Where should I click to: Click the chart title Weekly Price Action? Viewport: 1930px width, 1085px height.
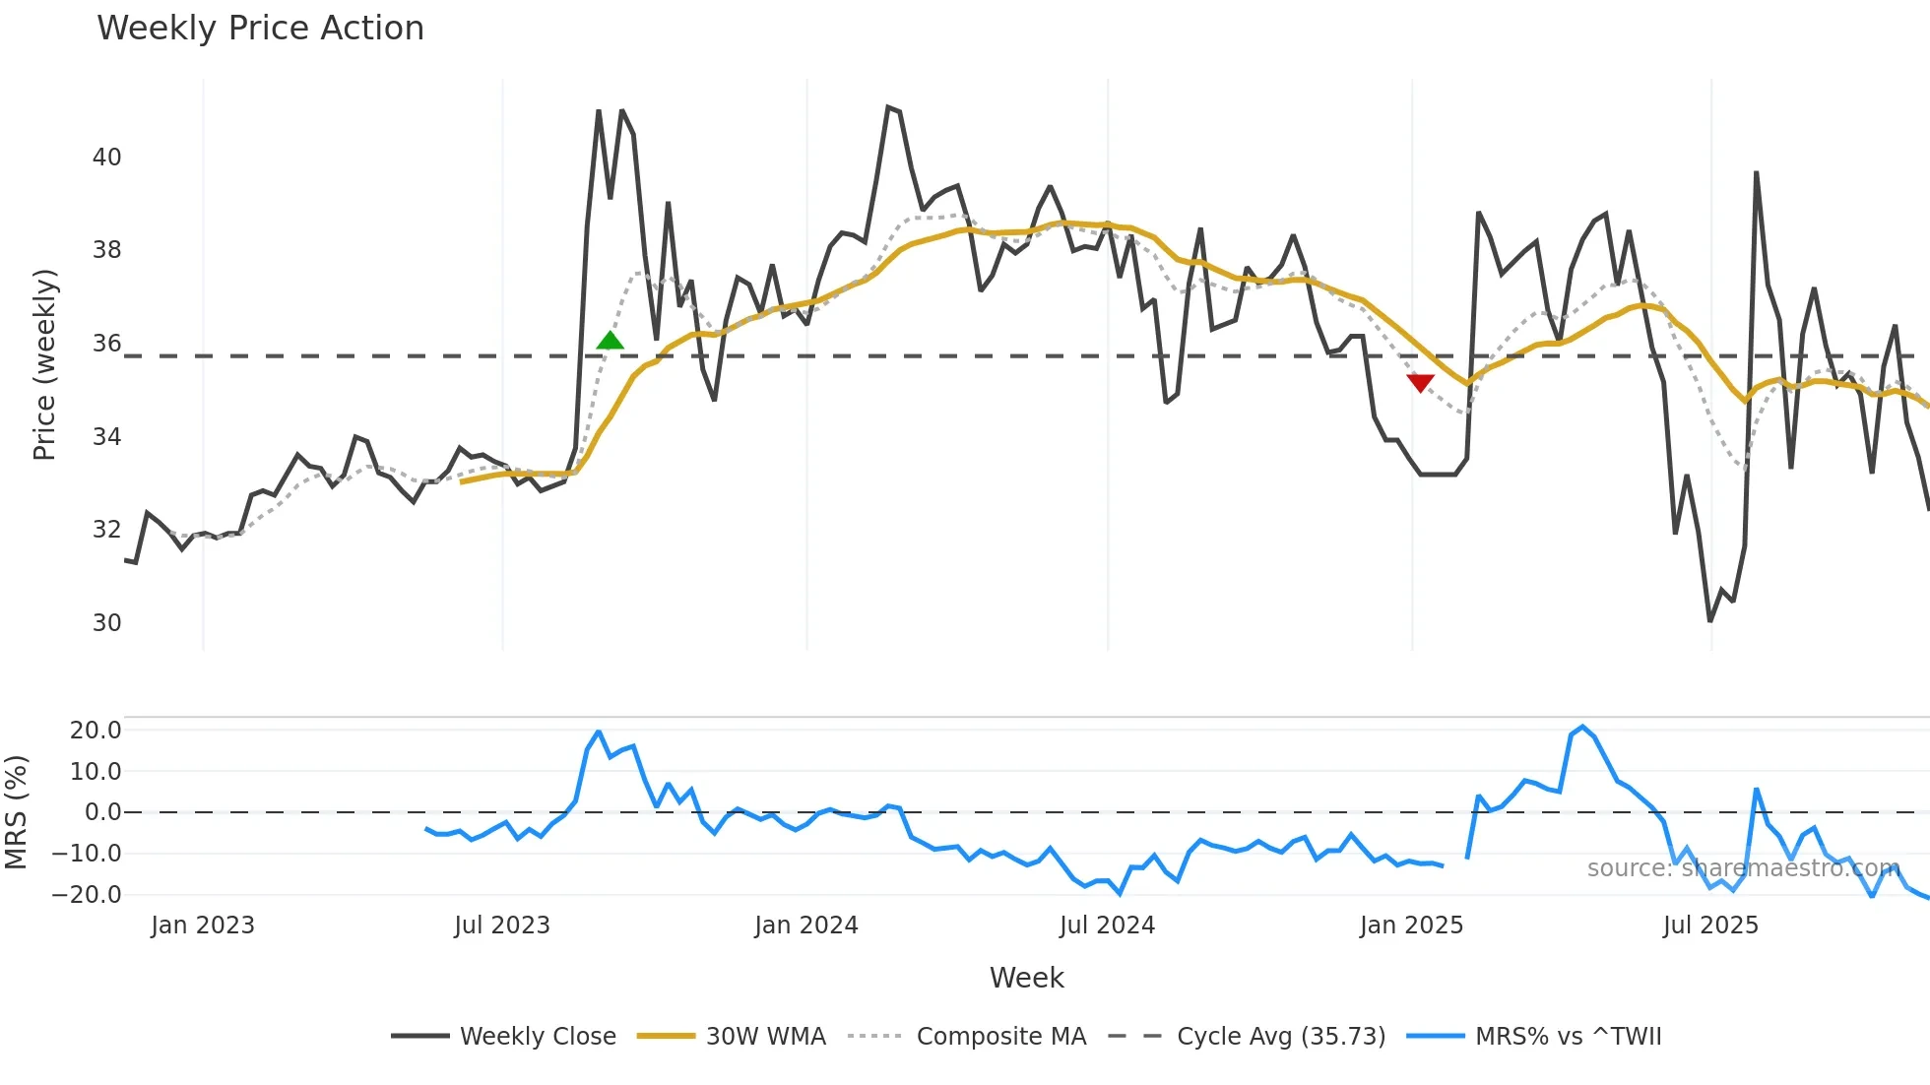260,29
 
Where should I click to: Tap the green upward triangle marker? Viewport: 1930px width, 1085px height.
611,342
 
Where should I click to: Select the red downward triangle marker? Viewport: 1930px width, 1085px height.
1420,383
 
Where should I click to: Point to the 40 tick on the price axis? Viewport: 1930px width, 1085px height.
106,158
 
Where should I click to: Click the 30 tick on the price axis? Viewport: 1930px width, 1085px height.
106,623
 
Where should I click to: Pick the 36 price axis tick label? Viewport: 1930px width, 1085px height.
106,344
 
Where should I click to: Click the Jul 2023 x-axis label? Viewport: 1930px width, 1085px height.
502,925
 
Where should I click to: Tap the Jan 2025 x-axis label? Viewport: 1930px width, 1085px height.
1411,925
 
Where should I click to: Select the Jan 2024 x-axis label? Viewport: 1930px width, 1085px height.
806,925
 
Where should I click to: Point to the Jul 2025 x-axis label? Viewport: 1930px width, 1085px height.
1710,925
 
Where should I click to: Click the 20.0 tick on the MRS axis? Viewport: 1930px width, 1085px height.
96,731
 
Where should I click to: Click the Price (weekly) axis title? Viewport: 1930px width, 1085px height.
45,364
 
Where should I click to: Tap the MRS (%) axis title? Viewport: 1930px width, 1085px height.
17,812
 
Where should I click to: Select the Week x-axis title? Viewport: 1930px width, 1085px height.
1026,978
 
